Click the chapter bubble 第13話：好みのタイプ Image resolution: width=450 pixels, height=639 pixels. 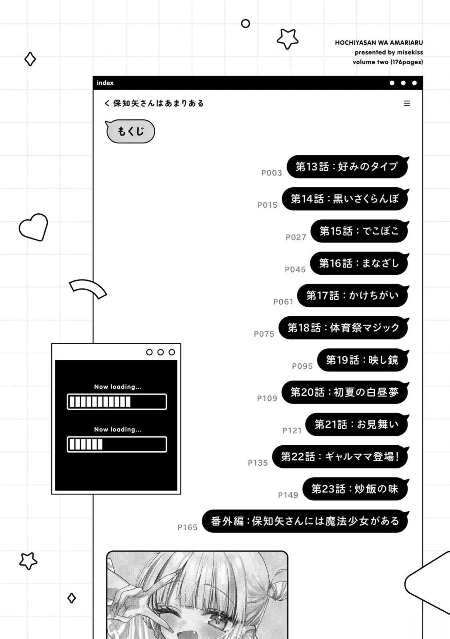tap(348, 167)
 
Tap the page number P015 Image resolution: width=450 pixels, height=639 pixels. tap(268, 205)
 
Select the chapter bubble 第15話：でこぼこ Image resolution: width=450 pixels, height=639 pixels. tap(360, 231)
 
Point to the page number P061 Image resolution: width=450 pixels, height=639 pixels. tap(284, 302)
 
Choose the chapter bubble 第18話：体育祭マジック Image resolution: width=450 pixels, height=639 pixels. tap(344, 328)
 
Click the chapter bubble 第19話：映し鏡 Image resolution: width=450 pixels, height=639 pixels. tap(363, 360)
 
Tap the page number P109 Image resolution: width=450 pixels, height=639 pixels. tap(267, 399)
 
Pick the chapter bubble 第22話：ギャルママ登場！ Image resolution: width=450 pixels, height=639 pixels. tap(340, 457)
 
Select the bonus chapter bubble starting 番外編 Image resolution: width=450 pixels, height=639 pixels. tap(306, 521)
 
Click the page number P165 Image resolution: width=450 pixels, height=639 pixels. tap(188, 528)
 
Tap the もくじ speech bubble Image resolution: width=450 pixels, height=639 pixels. tap(130, 131)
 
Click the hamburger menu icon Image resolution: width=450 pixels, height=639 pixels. tap(407, 103)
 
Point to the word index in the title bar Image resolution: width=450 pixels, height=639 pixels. tap(105, 83)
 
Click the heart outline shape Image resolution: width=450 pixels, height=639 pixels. tap(34, 227)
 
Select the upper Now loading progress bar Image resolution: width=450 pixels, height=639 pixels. tap(117, 402)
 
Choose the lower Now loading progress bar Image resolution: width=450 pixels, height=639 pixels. tap(117, 444)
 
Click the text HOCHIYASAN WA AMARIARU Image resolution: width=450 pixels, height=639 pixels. tap(379, 43)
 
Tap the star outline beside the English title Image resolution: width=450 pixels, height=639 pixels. tap(288, 39)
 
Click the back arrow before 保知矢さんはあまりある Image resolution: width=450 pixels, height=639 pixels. tap(107, 103)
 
